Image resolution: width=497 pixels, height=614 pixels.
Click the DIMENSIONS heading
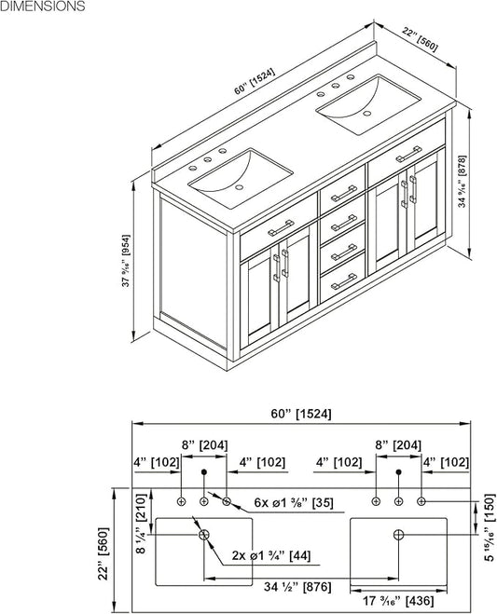pos(42,6)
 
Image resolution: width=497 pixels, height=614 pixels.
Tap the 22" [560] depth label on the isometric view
pos(420,39)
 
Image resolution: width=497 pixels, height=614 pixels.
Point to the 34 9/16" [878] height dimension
pos(462,182)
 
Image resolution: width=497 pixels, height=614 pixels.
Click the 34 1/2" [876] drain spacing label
pos(297,587)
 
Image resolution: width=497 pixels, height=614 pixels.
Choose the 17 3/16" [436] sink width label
pos(398,600)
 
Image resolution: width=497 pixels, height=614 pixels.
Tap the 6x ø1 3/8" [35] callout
pos(294,503)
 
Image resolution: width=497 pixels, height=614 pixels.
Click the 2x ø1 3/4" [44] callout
pos(271,555)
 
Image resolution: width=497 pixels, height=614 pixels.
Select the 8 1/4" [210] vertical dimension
pos(142,523)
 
